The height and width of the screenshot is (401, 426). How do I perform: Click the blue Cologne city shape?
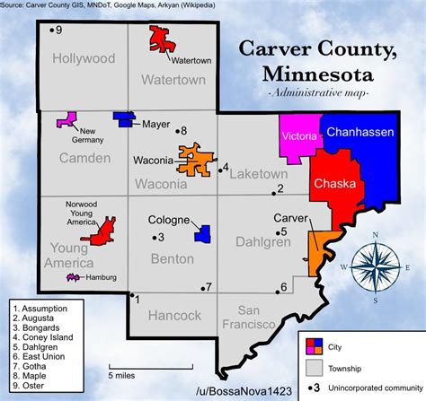tap(202, 234)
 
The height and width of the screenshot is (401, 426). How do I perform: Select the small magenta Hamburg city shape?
tap(72, 278)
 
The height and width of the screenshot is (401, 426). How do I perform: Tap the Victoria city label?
tap(298, 136)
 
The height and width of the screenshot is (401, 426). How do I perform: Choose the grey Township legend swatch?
tap(314, 367)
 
